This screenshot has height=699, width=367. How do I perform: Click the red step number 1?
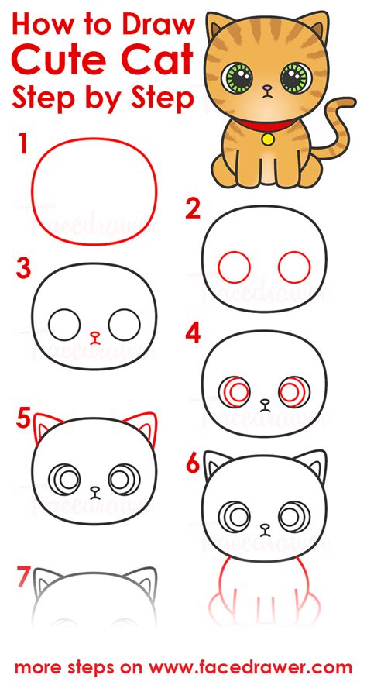[24, 144]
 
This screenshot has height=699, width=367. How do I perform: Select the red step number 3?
[24, 269]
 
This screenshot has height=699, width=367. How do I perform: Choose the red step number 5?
[24, 420]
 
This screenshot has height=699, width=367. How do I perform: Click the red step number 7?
[24, 577]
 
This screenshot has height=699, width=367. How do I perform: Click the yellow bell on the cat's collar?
[268, 139]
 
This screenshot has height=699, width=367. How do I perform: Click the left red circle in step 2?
[234, 267]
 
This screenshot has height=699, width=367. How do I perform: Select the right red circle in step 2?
[294, 267]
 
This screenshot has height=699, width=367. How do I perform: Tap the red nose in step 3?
[95, 337]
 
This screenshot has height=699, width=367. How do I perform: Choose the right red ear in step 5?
[145, 425]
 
